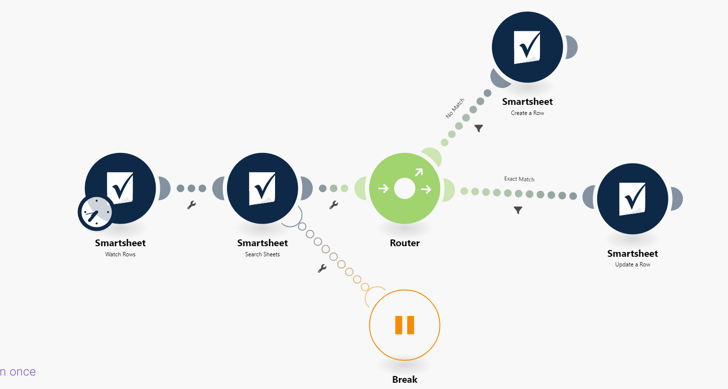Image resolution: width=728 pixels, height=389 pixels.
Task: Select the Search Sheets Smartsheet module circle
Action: [263, 188]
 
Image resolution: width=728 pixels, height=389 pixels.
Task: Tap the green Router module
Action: [405, 188]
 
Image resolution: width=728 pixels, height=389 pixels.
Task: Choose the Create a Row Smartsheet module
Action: [527, 47]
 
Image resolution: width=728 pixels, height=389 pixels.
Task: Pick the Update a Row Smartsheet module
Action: [632, 199]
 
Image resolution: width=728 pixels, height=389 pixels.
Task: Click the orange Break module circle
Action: [405, 325]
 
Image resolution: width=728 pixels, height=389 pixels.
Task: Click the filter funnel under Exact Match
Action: [518, 210]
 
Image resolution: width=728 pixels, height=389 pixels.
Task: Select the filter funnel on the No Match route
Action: [478, 128]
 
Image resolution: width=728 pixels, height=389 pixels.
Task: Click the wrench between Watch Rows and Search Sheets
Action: [191, 205]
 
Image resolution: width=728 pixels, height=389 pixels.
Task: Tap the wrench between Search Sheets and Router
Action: [334, 205]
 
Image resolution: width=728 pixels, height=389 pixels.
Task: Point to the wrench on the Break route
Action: [322, 268]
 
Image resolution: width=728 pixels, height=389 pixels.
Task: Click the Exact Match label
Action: [519, 179]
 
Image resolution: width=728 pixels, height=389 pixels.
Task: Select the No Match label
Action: [455, 108]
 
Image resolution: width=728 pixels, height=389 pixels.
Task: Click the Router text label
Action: [405, 243]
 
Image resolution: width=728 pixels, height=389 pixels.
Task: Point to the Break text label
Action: [405, 380]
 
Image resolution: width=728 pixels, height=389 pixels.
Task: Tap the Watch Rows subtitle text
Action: [120, 254]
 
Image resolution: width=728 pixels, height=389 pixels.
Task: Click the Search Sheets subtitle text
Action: [263, 254]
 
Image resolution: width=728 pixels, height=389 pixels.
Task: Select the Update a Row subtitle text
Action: [632, 264]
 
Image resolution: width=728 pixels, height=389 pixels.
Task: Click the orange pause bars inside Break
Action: [405, 325]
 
